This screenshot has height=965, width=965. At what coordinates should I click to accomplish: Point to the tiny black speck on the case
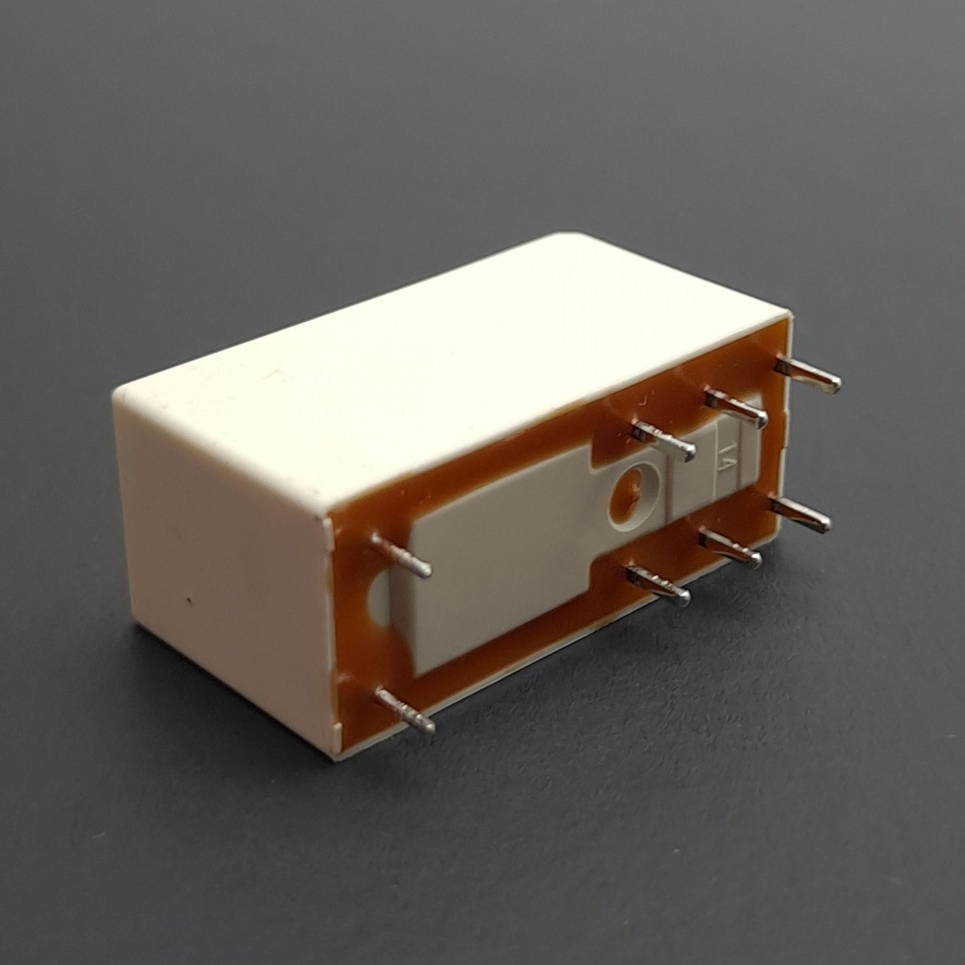point(188,598)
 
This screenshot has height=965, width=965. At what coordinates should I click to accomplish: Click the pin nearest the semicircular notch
point(401,554)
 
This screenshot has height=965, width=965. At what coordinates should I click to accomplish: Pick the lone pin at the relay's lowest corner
point(405,710)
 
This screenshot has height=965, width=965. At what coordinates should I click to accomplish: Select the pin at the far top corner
point(807,375)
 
